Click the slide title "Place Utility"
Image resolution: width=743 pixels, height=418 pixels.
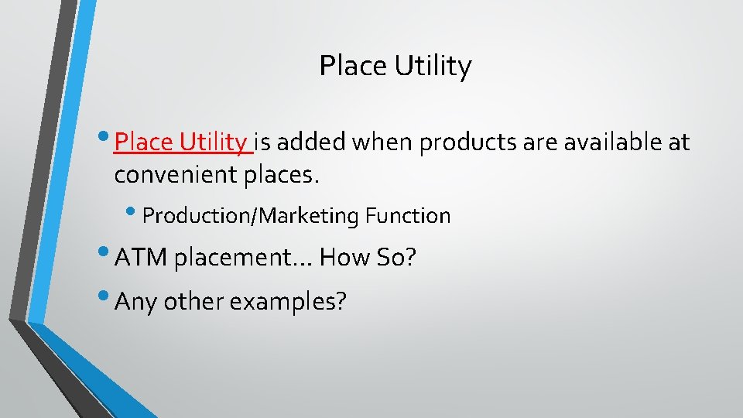(x=395, y=67)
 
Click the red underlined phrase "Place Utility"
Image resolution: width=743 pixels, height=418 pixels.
(x=180, y=142)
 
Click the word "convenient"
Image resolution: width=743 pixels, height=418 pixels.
(x=183, y=175)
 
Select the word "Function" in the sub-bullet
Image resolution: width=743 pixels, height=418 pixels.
(x=408, y=215)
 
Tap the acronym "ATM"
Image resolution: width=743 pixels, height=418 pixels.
(x=140, y=257)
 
